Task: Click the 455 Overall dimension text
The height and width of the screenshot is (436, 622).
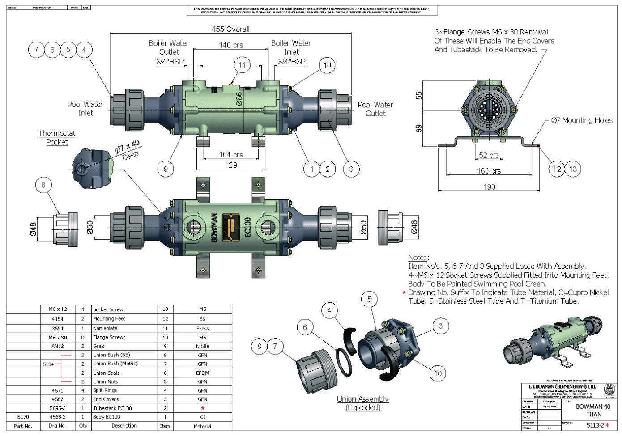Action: point(230,29)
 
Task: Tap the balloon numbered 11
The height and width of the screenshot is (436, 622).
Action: point(242,65)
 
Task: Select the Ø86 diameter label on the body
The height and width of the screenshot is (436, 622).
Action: point(239,99)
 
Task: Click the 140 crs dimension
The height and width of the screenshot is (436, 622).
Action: point(231,45)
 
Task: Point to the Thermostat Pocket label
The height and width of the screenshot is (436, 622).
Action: point(57,138)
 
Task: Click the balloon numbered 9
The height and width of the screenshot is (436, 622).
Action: point(166,169)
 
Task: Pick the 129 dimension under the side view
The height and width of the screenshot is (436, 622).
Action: point(231,165)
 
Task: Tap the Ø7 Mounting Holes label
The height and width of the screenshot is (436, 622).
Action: point(582,120)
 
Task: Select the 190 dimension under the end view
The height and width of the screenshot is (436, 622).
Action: point(489,187)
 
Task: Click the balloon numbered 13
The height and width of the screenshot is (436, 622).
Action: point(573,169)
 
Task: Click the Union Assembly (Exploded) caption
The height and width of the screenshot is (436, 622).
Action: point(363,403)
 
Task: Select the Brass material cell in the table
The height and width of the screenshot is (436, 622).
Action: point(203,328)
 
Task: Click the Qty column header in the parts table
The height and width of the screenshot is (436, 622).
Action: point(83,426)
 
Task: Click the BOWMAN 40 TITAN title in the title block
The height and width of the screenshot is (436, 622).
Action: point(593,410)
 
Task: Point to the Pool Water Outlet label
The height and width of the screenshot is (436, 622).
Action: point(375,109)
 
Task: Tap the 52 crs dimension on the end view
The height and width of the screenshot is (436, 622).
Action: point(489,155)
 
